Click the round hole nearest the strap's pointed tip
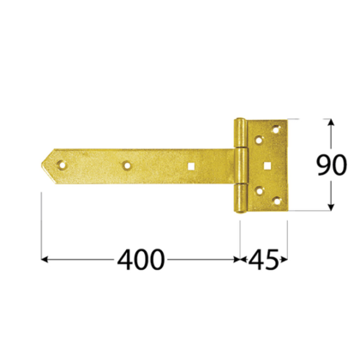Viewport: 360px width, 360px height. click(62, 159)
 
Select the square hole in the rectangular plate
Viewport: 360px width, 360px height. click(268, 165)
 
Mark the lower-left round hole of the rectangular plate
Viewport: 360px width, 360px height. click(258, 190)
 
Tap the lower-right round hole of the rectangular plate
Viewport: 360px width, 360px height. click(275, 198)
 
